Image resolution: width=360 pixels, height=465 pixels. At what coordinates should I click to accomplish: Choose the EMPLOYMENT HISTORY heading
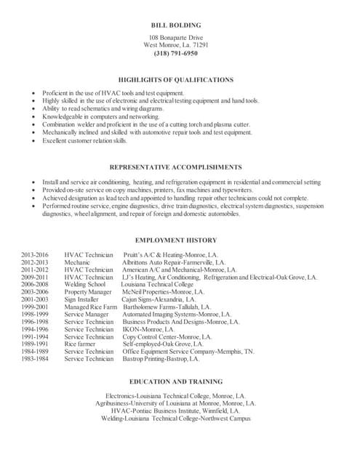175,240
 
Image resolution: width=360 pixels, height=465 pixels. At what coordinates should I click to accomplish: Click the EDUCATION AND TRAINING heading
175,381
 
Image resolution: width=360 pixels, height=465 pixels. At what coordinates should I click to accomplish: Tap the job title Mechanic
77,262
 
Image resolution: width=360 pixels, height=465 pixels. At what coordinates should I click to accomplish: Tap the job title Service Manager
86,314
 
